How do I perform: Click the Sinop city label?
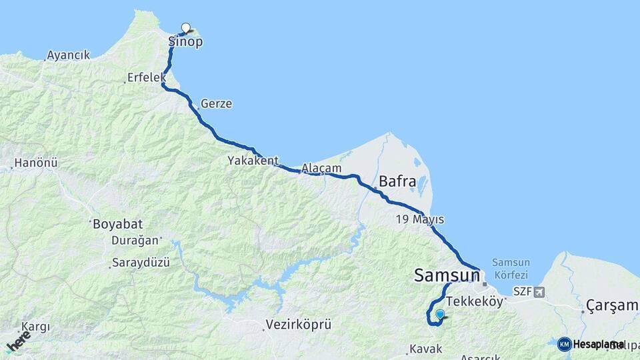point(185,42)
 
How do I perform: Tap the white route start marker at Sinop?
point(186,28)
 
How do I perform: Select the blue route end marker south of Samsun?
point(440,315)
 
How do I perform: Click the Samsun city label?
point(447,275)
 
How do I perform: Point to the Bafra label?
point(397,181)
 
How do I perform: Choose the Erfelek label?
point(146,78)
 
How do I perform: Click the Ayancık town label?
point(69,55)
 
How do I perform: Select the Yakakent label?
point(252,161)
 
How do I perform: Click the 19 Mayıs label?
point(419,219)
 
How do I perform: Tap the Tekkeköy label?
point(475,301)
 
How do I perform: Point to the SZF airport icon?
point(539,292)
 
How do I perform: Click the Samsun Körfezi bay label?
point(510,268)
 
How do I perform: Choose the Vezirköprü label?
point(298,325)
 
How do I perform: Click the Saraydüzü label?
point(141,263)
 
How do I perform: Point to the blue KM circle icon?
point(565,344)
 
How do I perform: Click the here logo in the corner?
point(18,341)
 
